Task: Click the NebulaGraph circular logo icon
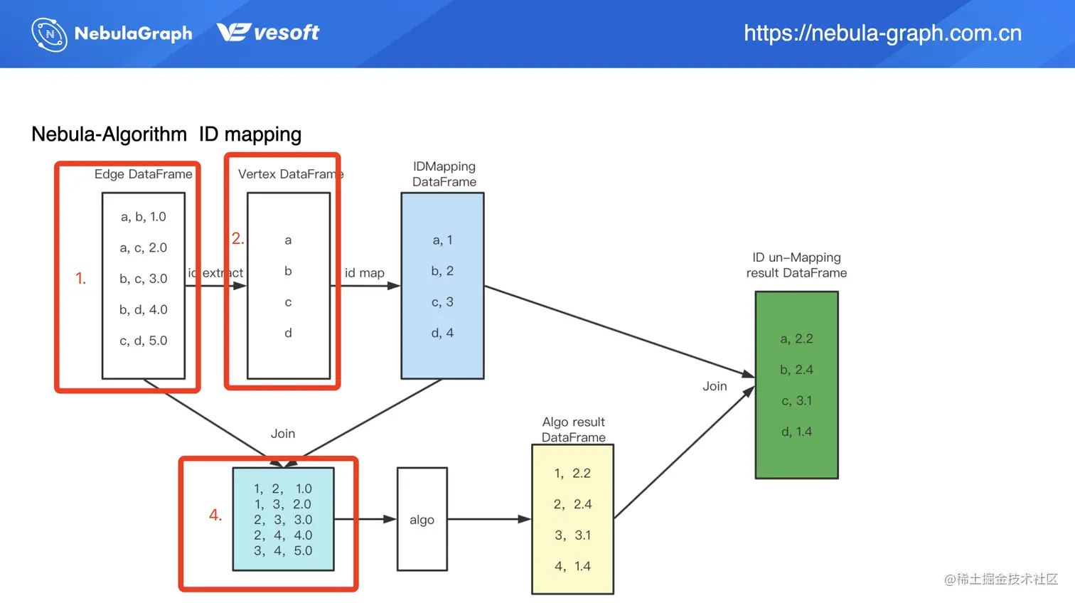tap(49, 34)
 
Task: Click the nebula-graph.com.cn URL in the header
tap(882, 33)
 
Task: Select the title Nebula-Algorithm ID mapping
tap(166, 134)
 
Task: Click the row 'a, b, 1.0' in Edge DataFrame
tap(144, 217)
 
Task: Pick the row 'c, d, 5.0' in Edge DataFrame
tap(144, 341)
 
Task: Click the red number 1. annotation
tap(80, 279)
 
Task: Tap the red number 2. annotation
tap(237, 239)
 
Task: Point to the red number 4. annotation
tap(215, 515)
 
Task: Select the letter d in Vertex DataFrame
tap(288, 333)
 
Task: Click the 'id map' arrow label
tap(365, 273)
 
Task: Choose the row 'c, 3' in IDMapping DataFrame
tap(442, 302)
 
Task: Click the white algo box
tap(422, 520)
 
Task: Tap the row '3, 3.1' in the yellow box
tap(572, 535)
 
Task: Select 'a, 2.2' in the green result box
tap(796, 339)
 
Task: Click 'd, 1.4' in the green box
tap(796, 432)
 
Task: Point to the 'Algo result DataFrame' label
tap(573, 429)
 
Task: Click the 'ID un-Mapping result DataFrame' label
tap(796, 265)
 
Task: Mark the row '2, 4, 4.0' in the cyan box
tap(283, 535)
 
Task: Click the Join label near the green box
tap(715, 386)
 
